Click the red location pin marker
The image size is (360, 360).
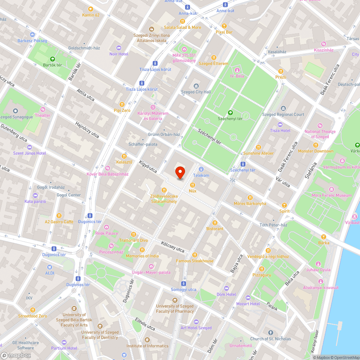180,173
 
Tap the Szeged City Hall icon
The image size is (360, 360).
196,86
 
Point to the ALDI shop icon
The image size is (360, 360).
50,267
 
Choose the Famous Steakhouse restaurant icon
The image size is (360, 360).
195,255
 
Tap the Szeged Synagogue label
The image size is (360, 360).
15,117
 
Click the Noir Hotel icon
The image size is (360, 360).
119,48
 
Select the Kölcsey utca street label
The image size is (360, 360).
173,247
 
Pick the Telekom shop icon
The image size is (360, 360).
201,169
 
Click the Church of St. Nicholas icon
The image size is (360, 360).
270,333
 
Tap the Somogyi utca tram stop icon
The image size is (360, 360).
184,283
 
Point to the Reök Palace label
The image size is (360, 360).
107,233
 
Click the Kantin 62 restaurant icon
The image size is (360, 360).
90,9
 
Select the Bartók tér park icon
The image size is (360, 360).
53,59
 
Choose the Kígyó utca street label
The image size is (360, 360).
148,166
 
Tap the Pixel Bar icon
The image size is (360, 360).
224,26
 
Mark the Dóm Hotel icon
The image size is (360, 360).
226,288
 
